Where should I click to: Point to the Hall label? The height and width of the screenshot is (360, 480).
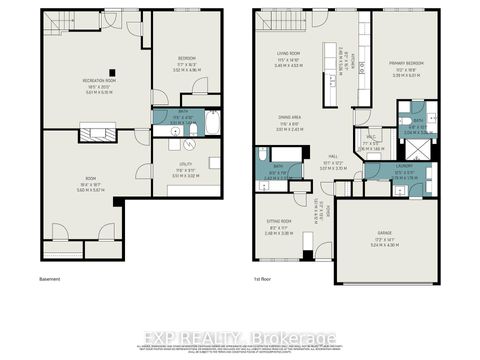coord(332,155)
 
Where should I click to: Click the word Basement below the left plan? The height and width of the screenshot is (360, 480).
coord(50,280)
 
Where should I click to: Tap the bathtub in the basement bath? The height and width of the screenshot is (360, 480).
coord(211,126)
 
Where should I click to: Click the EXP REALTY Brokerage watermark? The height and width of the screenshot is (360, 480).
coord(240,334)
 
